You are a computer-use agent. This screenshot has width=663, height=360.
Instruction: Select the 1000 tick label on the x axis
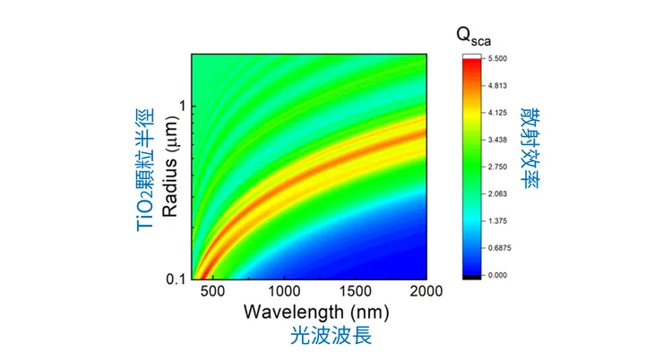point(283,293)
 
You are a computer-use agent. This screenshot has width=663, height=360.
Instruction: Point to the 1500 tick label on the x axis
point(355,293)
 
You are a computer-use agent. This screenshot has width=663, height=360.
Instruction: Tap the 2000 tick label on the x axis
point(425,293)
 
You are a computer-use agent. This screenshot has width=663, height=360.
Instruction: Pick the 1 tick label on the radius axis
point(185,106)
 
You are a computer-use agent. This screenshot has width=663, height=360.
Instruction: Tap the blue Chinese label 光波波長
point(331,337)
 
